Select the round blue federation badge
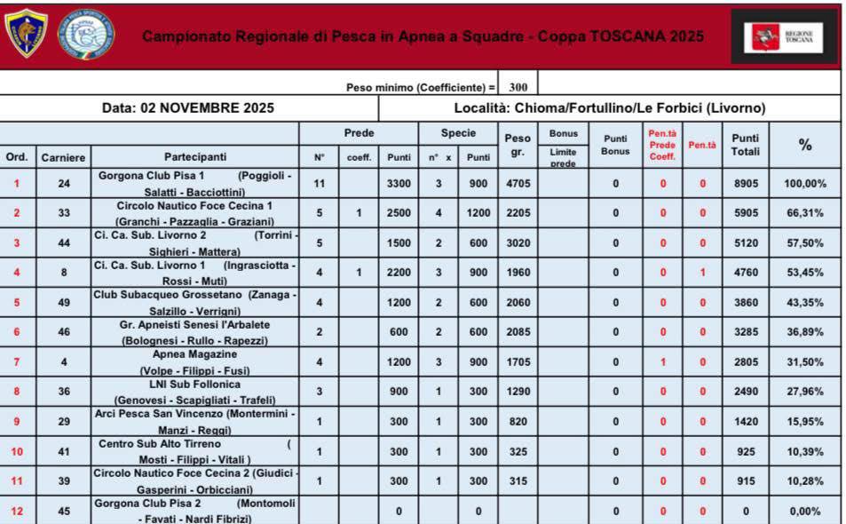[85, 35]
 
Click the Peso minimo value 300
[518, 87]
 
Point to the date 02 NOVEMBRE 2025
[188, 108]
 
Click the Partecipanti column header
[194, 157]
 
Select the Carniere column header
[63, 157]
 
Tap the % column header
[805, 145]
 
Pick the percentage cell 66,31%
[805, 213]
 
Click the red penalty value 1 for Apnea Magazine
[662, 361]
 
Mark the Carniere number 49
[63, 302]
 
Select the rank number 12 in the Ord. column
[17, 511]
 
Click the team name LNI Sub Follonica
[194, 385]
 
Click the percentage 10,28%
[805, 480]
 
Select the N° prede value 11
[320, 184]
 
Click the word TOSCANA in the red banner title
[629, 36]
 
